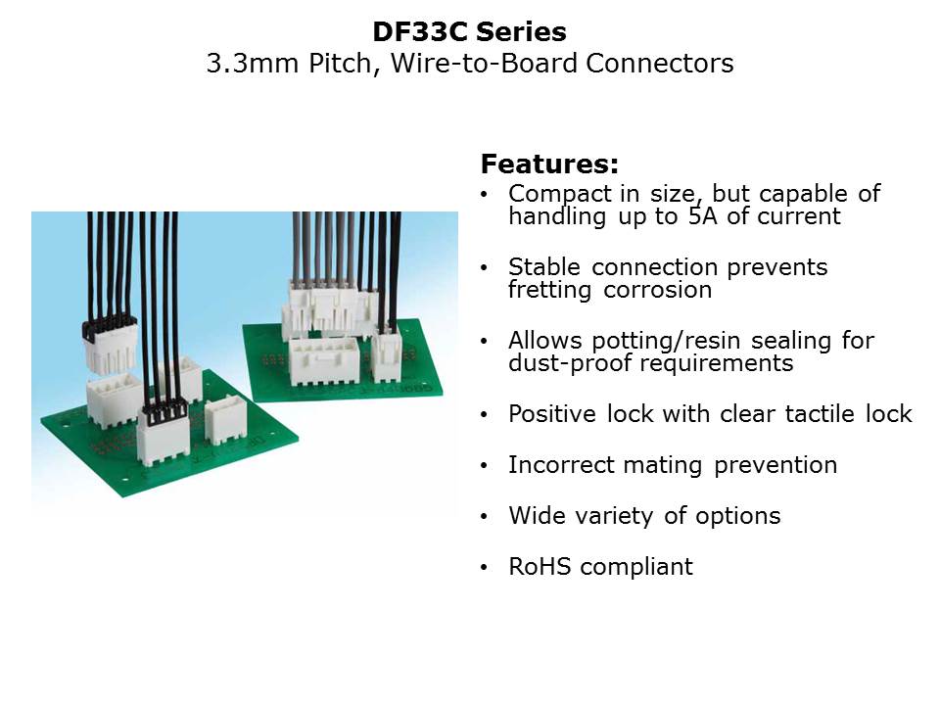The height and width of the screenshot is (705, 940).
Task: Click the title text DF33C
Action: pos(421,31)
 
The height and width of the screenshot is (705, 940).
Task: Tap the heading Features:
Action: pos(549,164)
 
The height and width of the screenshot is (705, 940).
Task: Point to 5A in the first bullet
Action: pos(702,215)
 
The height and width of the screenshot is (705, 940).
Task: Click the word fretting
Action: pos(549,290)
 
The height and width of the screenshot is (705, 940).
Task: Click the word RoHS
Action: pos(540,567)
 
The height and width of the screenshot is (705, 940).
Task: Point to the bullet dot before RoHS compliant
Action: pos(485,567)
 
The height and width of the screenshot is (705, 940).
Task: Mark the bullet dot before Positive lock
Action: pos(485,414)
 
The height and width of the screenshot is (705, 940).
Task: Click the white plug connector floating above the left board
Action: pos(110,348)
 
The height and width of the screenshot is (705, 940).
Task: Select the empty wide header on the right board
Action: pos(324,362)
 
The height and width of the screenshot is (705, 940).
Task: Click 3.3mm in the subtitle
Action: pos(252,64)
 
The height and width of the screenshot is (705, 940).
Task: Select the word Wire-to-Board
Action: pos(484,64)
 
